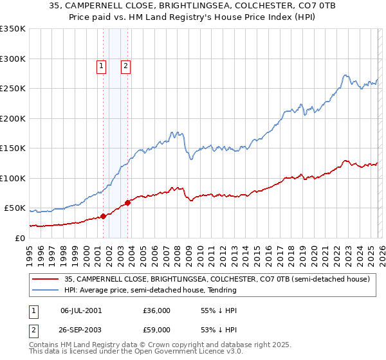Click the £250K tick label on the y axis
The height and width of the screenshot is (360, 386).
[x=13, y=89]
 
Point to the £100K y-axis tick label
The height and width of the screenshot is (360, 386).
[x=13, y=178]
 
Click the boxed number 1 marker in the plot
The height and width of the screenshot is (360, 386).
[x=102, y=65]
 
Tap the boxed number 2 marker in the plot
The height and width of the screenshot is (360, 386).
[x=125, y=65]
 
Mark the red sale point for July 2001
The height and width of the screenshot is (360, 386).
[x=104, y=217]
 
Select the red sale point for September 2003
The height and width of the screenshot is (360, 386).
[x=128, y=203]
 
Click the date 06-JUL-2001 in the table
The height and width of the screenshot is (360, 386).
[x=82, y=310]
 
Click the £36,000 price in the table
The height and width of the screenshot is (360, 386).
[x=157, y=310]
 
